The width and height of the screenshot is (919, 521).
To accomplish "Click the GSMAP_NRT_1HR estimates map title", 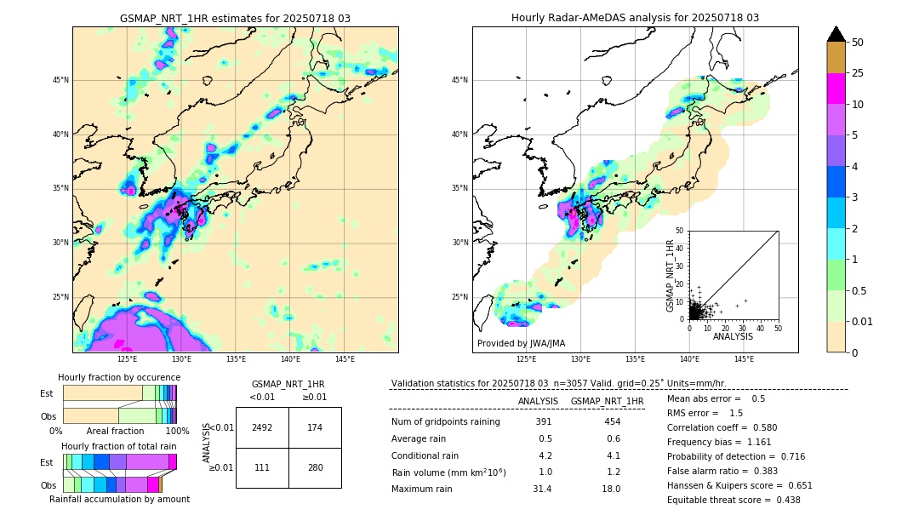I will pos(235,18).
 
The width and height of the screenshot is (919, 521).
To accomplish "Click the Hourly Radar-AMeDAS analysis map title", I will pos(635,18).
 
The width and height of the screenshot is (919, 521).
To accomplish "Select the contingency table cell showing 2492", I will pos(262,427).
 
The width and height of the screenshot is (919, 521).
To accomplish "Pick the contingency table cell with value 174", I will pos(315,427).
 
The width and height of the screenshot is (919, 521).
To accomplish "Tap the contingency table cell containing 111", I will pos(262,467).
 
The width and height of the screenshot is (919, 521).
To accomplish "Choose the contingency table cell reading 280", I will pos(315,467).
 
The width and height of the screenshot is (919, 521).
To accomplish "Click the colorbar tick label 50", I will pos(858,43).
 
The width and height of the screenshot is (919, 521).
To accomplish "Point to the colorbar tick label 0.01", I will pos(863,321).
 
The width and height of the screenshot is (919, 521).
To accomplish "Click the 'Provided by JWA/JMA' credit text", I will pos(521,344).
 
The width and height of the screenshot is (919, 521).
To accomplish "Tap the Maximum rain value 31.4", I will pos(542,489).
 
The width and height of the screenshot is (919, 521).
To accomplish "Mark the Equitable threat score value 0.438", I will pos(781,500).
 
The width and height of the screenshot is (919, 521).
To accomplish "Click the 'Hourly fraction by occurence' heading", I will pos(119,377).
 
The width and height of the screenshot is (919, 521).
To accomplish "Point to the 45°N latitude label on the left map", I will pos(60,81).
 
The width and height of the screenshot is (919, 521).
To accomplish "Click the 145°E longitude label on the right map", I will pos(744,359).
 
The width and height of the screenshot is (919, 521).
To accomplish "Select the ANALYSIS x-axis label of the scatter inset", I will pos(733,336).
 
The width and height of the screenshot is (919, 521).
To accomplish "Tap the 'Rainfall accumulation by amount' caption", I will pos(119,500).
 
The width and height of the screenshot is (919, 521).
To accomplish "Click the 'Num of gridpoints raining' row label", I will pos(446,422).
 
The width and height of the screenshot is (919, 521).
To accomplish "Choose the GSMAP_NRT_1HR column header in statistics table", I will pos(607,401).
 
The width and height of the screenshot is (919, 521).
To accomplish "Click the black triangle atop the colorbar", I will pos(836,34).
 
